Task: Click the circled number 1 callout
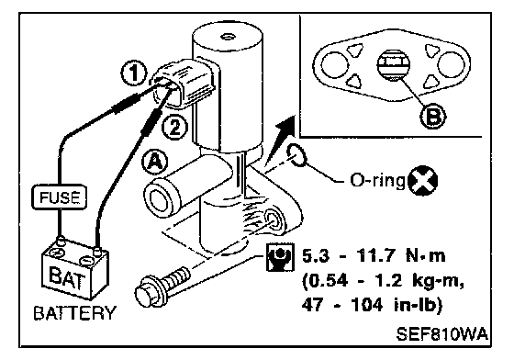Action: click(x=133, y=73)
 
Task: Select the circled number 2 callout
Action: click(x=174, y=128)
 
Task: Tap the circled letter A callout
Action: click(x=154, y=162)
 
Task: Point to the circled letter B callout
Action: click(x=433, y=116)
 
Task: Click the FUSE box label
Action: click(x=60, y=197)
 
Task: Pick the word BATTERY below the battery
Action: click(x=74, y=313)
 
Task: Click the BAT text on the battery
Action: click(x=68, y=277)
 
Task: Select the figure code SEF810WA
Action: click(x=442, y=334)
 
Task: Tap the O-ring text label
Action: click(x=378, y=181)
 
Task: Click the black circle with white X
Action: click(x=423, y=181)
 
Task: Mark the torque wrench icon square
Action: click(x=280, y=257)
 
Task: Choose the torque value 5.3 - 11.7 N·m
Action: click(x=374, y=255)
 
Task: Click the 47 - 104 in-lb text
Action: click(x=372, y=306)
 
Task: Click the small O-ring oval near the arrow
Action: click(x=297, y=155)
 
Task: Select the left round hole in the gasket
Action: click(x=334, y=64)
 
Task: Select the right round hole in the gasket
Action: click(x=451, y=64)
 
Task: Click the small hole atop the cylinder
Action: click(x=227, y=36)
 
